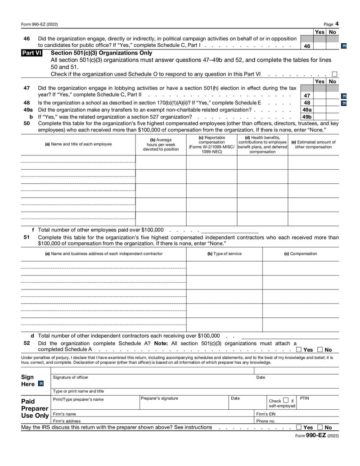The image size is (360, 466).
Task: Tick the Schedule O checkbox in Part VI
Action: tap(334, 74)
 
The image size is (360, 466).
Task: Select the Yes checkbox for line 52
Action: tap(299, 350)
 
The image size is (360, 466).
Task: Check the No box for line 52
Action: tap(320, 350)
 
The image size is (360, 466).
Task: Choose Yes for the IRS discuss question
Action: tap(299, 427)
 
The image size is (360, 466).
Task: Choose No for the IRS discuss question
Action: tap(320, 427)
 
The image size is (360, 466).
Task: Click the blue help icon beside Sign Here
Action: tap(41, 384)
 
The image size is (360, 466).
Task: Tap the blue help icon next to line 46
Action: tap(344, 46)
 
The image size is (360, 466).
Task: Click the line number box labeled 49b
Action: tap(307, 117)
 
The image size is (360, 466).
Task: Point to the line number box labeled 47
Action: tap(307, 95)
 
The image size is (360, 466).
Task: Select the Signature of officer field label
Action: tap(71, 377)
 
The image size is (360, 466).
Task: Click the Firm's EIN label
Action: tap(266, 414)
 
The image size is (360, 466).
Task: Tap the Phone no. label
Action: tap(265, 421)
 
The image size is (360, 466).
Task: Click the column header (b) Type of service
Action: tap(224, 254)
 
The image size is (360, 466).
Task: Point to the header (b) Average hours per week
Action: tap(161, 144)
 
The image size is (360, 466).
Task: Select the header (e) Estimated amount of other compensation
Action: tap(313, 145)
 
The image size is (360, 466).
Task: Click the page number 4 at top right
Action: tap(337, 24)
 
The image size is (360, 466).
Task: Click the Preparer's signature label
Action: tap(159, 398)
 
